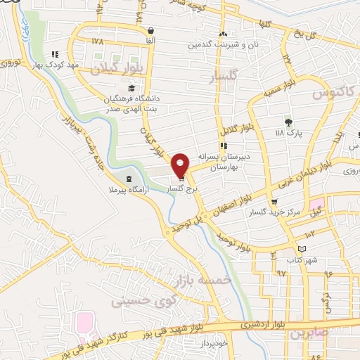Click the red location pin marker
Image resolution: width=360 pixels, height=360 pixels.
click(x=181, y=165)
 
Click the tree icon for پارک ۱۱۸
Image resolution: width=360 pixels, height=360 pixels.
click(x=287, y=121)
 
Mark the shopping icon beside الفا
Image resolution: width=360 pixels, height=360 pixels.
click(x=152, y=30)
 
